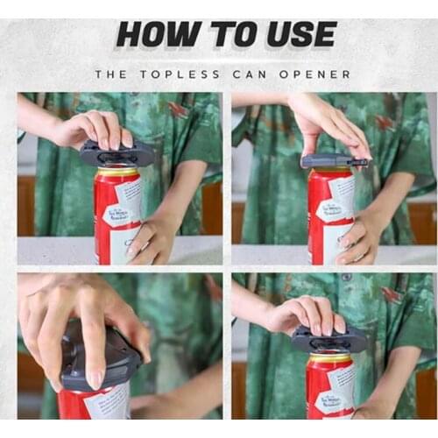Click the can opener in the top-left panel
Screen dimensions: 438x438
pos(117,155)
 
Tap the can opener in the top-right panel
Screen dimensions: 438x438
pos(333,161)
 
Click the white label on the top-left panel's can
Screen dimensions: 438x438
pos(126,215)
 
